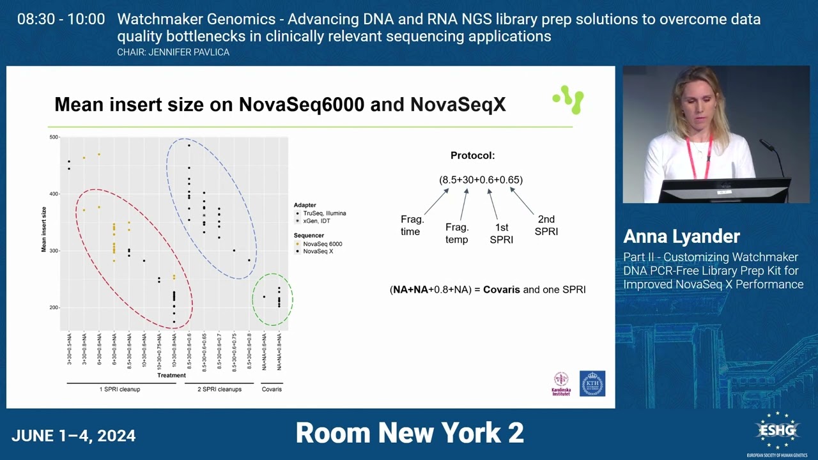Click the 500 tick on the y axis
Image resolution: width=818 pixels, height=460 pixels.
tap(54, 137)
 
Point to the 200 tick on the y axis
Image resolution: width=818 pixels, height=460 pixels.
tap(54, 308)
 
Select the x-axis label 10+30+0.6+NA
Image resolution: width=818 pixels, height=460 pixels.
tap(144, 349)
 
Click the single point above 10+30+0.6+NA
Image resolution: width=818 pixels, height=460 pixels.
tap(144, 261)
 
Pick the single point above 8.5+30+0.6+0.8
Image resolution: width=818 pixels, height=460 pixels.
tap(249, 261)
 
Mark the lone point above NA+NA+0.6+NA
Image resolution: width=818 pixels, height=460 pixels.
tap(264, 296)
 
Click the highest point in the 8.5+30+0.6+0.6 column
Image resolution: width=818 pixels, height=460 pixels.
tap(189, 146)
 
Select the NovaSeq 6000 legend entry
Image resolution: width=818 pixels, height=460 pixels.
tap(323, 244)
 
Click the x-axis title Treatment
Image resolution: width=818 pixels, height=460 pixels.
tap(171, 376)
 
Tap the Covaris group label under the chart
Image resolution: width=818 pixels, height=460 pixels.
tap(272, 389)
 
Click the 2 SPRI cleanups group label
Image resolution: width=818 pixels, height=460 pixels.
tap(219, 389)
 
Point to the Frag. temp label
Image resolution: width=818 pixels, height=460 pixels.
tap(456, 233)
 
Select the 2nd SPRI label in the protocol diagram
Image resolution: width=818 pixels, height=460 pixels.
tap(546, 226)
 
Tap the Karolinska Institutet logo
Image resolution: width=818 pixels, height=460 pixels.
tap(560, 383)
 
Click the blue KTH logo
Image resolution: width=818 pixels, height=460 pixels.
tap(592, 383)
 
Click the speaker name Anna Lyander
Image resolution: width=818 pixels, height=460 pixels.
tap(681, 236)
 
